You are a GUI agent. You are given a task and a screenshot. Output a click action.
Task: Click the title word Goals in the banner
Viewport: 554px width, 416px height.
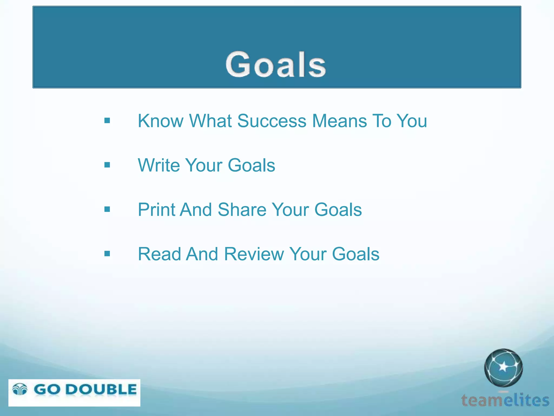(x=276, y=64)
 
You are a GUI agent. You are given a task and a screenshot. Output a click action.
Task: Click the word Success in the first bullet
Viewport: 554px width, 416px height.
(x=272, y=121)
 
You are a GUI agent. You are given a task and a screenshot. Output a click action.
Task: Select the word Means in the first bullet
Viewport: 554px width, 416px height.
(x=340, y=121)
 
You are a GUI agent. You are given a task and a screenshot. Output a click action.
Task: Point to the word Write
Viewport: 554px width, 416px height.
(x=159, y=165)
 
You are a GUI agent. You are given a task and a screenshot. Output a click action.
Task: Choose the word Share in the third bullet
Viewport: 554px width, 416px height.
(x=242, y=210)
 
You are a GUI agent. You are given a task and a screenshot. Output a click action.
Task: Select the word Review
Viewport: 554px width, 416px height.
(x=254, y=254)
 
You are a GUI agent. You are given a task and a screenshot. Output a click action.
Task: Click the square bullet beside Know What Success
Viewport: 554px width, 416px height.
(x=107, y=121)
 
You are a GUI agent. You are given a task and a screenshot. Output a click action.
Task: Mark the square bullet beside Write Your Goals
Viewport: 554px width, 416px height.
(x=107, y=165)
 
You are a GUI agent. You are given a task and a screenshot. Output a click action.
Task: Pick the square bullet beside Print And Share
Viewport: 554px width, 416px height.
(x=107, y=209)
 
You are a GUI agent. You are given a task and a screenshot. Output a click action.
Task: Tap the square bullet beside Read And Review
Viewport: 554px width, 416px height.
(x=107, y=254)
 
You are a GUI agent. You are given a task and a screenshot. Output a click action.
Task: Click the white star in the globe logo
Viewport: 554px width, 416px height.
(x=503, y=367)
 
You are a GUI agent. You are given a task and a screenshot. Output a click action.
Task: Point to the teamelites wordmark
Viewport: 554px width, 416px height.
(x=505, y=400)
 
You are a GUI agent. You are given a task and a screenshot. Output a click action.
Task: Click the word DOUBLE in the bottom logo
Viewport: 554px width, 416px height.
(x=101, y=390)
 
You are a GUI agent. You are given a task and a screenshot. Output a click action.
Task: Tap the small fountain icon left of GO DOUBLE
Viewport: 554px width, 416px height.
(x=20, y=389)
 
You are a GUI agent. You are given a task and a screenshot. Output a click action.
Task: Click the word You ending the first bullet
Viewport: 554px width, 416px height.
(x=412, y=121)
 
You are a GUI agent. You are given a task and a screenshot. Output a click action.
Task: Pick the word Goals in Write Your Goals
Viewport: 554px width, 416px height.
(x=251, y=165)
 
